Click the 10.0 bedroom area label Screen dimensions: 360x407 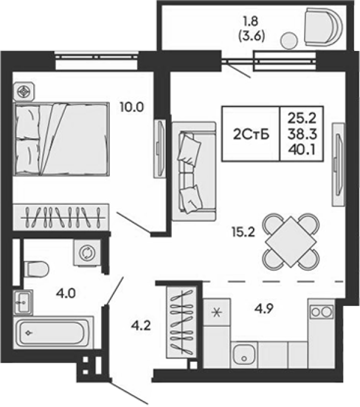(132, 107)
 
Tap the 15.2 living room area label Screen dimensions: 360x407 (243, 232)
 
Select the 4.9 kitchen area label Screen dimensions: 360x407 (263, 308)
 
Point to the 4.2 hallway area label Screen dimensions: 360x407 (141, 325)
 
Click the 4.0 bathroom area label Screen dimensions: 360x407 (66, 294)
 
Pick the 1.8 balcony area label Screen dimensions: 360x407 (251, 21)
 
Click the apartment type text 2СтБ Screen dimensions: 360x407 (251, 134)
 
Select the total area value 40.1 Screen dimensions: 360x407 (302, 150)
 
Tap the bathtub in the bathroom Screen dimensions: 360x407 (53, 333)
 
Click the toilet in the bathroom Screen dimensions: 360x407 (36, 269)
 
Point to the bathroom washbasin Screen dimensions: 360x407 (23, 302)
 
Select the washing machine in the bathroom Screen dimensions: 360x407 (87, 253)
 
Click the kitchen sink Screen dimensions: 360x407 (244, 355)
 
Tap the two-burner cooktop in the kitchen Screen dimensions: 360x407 (321, 312)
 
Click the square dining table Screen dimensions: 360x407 (290, 242)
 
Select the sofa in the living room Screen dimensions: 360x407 (194, 172)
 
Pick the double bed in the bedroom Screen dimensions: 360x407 (62, 139)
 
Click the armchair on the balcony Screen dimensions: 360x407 (323, 27)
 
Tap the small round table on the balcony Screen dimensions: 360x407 (289, 40)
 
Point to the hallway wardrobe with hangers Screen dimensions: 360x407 (181, 322)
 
